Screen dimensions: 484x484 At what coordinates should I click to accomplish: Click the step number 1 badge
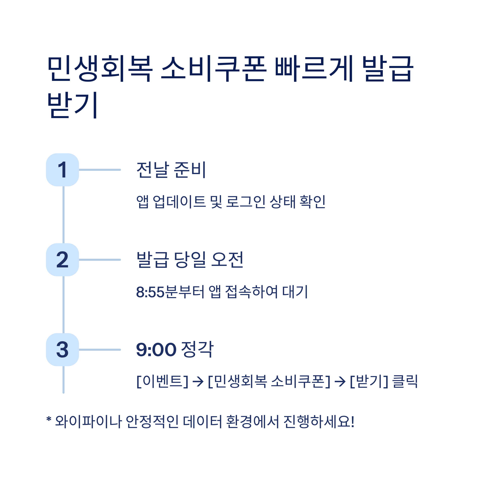tap(62, 170)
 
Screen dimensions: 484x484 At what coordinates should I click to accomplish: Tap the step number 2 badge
tap(62, 260)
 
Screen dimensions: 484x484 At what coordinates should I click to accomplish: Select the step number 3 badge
tap(62, 350)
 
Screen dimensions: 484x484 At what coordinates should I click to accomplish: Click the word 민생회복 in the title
tap(100, 68)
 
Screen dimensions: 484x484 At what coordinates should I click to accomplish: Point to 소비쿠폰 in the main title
tap(214, 68)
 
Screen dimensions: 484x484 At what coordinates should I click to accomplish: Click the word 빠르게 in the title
tap(314, 68)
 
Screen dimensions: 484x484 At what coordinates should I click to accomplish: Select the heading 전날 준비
tap(171, 170)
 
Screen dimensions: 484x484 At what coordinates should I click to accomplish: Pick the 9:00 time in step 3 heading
tap(156, 350)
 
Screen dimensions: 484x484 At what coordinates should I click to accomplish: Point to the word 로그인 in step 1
tap(245, 202)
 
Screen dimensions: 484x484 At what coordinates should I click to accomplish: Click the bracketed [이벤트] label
tap(162, 382)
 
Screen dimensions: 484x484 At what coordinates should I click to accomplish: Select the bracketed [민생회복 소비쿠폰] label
tap(269, 382)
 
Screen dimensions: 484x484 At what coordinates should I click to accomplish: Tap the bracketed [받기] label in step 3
tap(369, 382)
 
